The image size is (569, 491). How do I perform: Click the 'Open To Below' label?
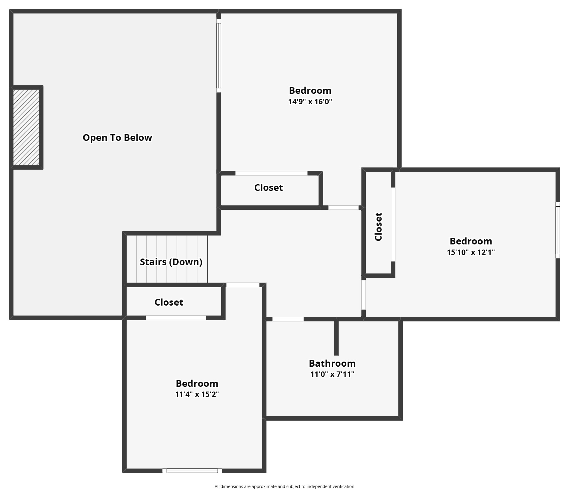pos(117,138)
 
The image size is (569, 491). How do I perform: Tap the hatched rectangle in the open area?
pos(26,127)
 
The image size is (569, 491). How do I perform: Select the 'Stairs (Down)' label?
pos(171,262)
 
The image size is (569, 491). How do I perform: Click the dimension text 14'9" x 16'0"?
pos(310,102)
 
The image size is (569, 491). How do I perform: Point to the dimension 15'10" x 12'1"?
pos(471,252)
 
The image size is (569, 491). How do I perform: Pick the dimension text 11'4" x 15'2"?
pos(197,394)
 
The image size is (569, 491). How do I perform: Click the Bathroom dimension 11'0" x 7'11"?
pos(332,374)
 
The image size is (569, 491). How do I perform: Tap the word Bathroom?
pos(332,363)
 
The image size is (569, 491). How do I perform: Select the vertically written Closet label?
pos(379,227)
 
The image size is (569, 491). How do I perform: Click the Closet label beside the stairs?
pos(169,302)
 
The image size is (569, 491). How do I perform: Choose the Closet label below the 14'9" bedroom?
pos(268,188)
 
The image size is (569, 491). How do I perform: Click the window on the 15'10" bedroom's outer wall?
pos(558,230)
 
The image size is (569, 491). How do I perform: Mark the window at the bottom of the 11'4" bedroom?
pos(192,471)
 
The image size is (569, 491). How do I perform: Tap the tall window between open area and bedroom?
pos(219,56)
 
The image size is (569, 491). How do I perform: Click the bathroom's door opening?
pos(288,319)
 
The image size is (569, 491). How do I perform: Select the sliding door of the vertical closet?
pos(393,224)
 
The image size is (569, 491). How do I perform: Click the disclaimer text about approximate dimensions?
pos(284,487)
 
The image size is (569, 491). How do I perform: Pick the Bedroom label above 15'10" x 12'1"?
pos(471,241)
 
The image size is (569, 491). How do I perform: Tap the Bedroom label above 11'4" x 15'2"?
pos(197,383)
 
